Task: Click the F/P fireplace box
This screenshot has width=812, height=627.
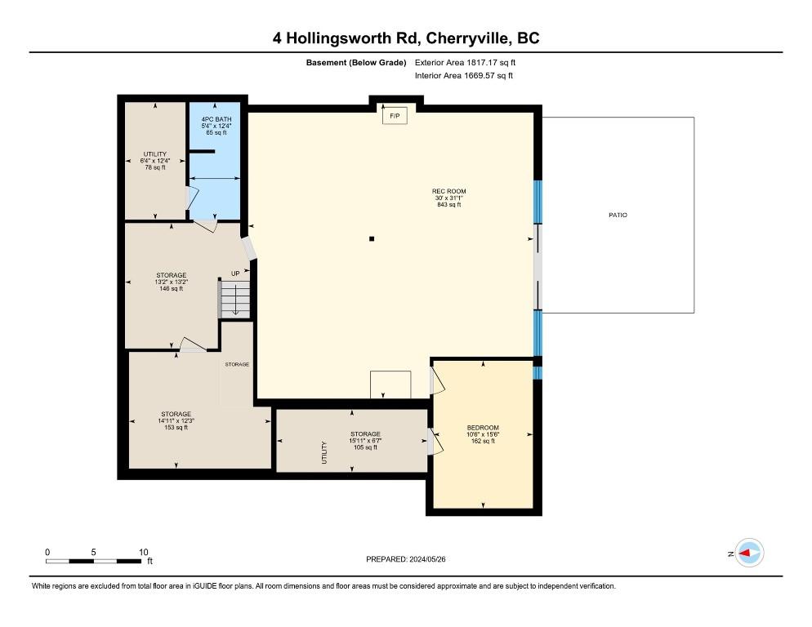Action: pyautogui.click(x=395, y=117)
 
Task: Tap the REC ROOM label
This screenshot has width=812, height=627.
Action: pyautogui.click(x=449, y=192)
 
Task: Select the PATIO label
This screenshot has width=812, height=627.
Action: pyautogui.click(x=618, y=216)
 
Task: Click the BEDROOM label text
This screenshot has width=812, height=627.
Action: pyautogui.click(x=483, y=428)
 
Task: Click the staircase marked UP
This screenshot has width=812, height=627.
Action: pyautogui.click(x=235, y=299)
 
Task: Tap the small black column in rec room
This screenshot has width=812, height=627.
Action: pyautogui.click(x=372, y=239)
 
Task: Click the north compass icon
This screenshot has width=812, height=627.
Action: pyautogui.click(x=749, y=554)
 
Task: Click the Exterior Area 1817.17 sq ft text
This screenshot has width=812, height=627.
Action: pyautogui.click(x=466, y=62)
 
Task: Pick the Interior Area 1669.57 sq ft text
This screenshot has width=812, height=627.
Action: pyautogui.click(x=464, y=76)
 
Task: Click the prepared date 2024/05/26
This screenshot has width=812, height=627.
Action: pyautogui.click(x=406, y=559)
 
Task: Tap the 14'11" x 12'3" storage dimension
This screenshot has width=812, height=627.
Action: pyautogui.click(x=176, y=421)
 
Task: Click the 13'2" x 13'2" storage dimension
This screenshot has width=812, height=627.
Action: pyautogui.click(x=172, y=282)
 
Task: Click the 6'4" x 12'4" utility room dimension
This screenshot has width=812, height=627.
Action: pyautogui.click(x=155, y=161)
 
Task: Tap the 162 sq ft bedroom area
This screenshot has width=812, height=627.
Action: pyautogui.click(x=483, y=441)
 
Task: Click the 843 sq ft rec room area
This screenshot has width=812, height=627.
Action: pyautogui.click(x=449, y=205)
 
